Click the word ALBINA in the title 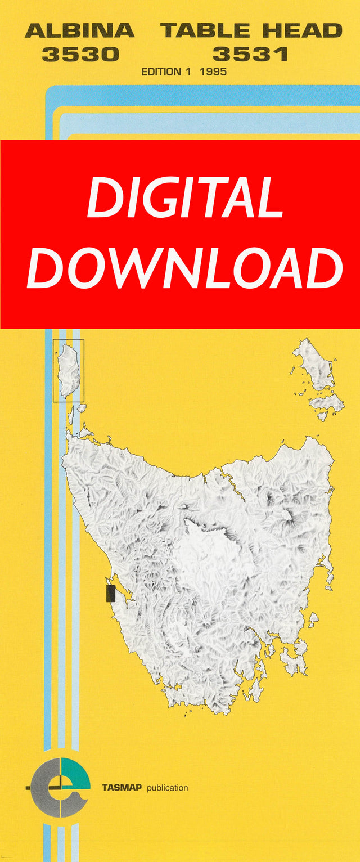(x=79, y=30)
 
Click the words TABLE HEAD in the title (x=251, y=30)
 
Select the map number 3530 (x=80, y=54)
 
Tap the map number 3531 (x=250, y=54)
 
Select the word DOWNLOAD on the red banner (x=185, y=268)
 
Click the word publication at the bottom (x=167, y=788)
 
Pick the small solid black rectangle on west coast (x=110, y=593)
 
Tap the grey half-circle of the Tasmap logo (x=45, y=788)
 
